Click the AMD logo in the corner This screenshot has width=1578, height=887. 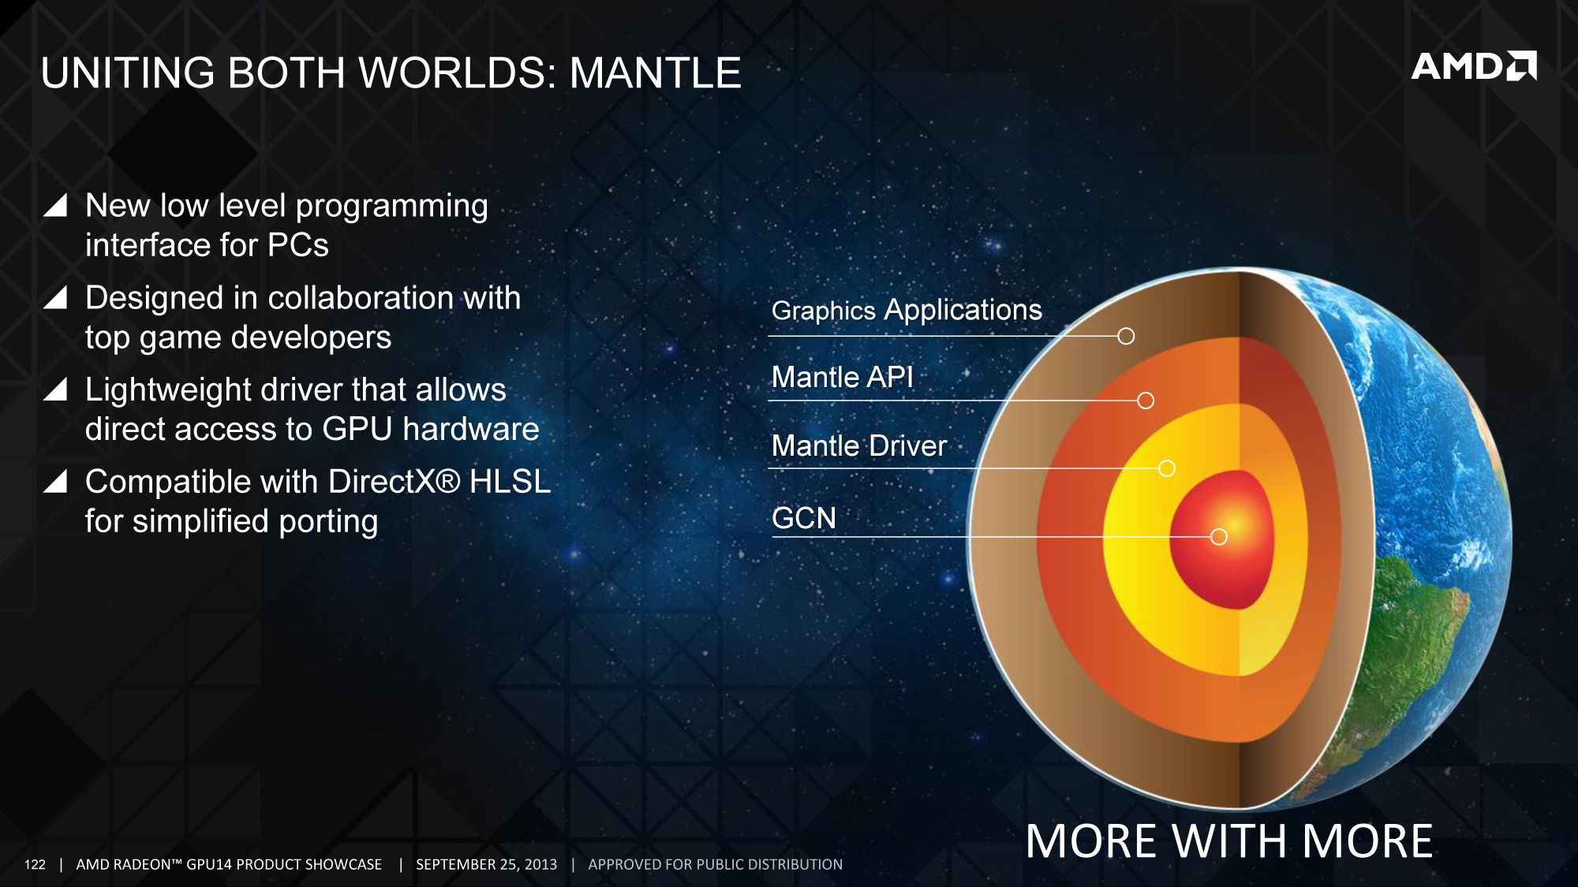point(1474,66)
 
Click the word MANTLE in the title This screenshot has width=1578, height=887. point(656,73)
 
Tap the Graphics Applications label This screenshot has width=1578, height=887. point(907,311)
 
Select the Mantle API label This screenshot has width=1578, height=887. point(842,377)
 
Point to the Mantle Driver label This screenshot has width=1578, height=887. point(859,445)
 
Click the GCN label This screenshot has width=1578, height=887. point(804,518)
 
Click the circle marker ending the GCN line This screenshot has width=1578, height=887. point(1219,537)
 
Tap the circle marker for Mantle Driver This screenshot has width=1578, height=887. point(1167,468)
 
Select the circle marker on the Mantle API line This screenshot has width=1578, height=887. point(1146,401)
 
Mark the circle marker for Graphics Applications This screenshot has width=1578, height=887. point(1126,336)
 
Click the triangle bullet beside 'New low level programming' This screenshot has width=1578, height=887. point(55,204)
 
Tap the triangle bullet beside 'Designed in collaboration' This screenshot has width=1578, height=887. point(55,296)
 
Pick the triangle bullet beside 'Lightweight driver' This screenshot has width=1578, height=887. point(55,389)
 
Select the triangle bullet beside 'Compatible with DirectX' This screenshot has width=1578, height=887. point(55,480)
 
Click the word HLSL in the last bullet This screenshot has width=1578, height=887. point(510,482)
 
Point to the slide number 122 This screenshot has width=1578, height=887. point(35,864)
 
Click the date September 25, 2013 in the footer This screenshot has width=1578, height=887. point(486,864)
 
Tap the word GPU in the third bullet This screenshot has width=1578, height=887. point(357,429)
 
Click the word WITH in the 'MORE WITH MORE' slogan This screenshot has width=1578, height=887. point(1229,841)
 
